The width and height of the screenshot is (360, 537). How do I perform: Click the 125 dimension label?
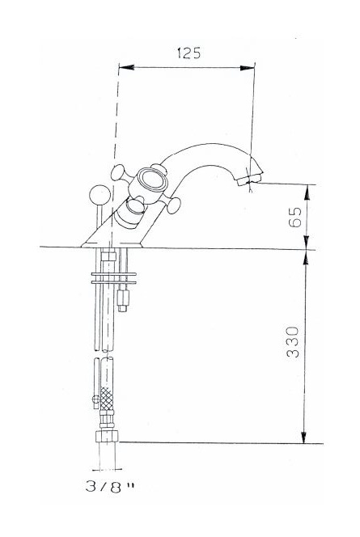188,53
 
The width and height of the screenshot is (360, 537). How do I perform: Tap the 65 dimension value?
295,217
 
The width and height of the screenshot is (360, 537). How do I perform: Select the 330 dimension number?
293,342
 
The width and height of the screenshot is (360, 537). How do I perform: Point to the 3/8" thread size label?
109,487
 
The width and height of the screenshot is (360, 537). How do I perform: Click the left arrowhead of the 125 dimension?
126,67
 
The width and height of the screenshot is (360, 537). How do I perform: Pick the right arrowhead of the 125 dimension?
248,68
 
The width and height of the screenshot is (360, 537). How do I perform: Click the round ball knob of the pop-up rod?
100,195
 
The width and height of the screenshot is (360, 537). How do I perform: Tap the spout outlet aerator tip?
248,179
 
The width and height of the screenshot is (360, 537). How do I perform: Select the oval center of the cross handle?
155,180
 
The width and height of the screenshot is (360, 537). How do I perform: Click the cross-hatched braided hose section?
107,399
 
